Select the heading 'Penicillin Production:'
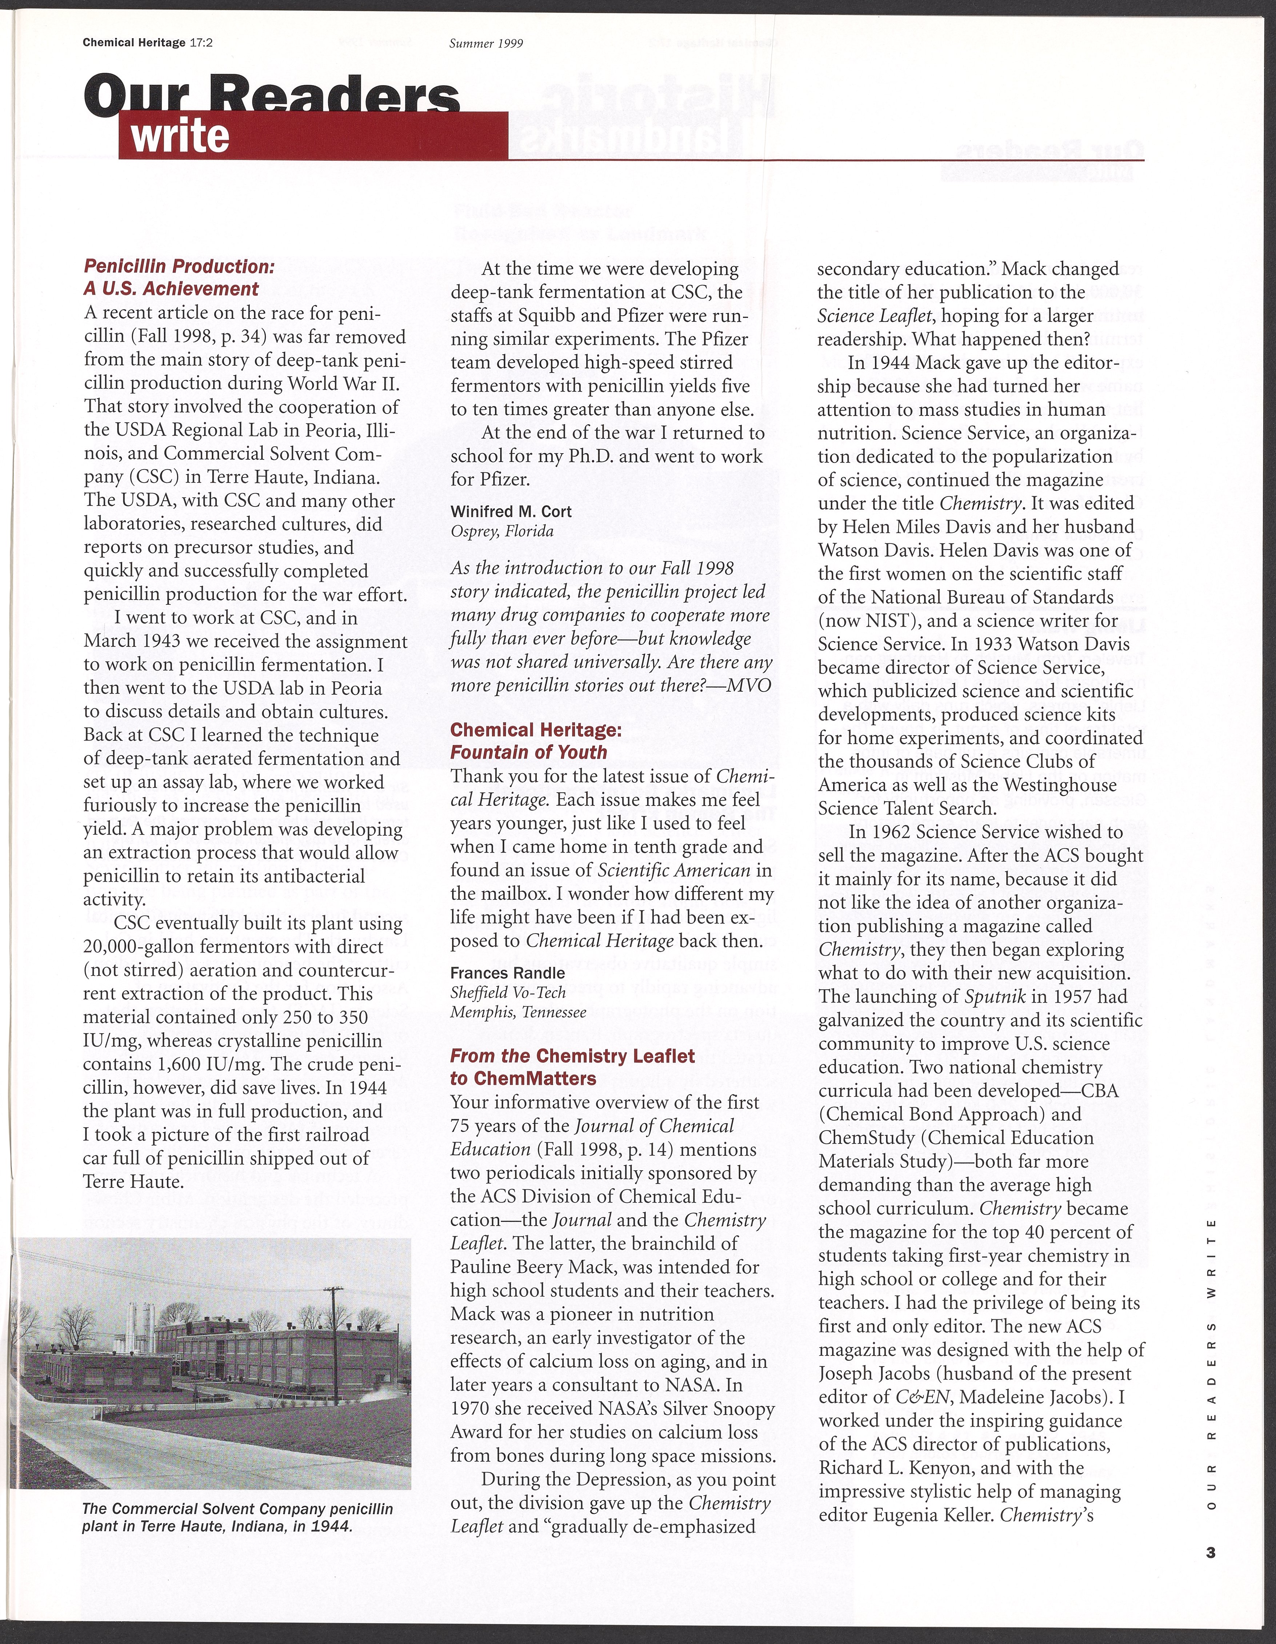click(x=179, y=267)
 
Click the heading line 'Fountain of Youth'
click(x=528, y=752)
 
